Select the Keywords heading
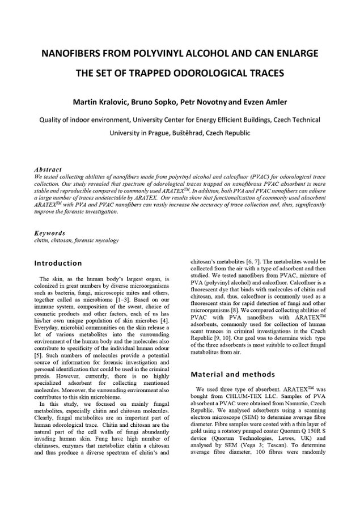pos(49,233)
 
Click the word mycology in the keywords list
pos(106,240)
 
